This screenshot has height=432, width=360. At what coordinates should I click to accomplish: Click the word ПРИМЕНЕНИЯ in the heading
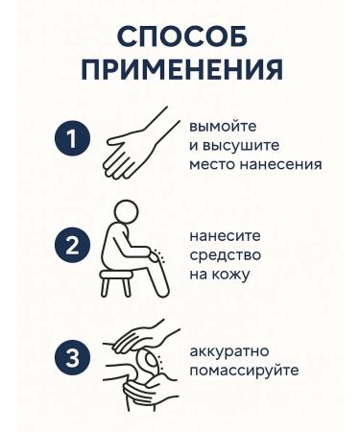point(182,68)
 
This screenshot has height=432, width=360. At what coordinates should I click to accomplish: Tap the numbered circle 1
point(72,138)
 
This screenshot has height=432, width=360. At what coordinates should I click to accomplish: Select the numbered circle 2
point(72,246)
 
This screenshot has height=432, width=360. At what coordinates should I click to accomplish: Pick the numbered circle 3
point(72,358)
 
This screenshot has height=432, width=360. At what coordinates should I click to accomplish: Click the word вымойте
point(223,127)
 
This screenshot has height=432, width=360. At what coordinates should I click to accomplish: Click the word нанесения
point(280,164)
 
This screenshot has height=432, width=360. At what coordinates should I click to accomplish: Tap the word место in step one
point(212,164)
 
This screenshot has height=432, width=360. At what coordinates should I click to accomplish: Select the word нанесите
point(226,236)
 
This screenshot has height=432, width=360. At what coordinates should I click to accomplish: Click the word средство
point(226,255)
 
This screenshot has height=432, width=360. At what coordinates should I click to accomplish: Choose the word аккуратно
point(229,351)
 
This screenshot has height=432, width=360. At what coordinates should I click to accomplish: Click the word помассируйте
point(244,371)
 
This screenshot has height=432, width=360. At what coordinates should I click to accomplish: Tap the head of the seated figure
point(127,213)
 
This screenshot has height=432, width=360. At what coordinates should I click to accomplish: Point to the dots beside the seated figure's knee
point(158,256)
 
